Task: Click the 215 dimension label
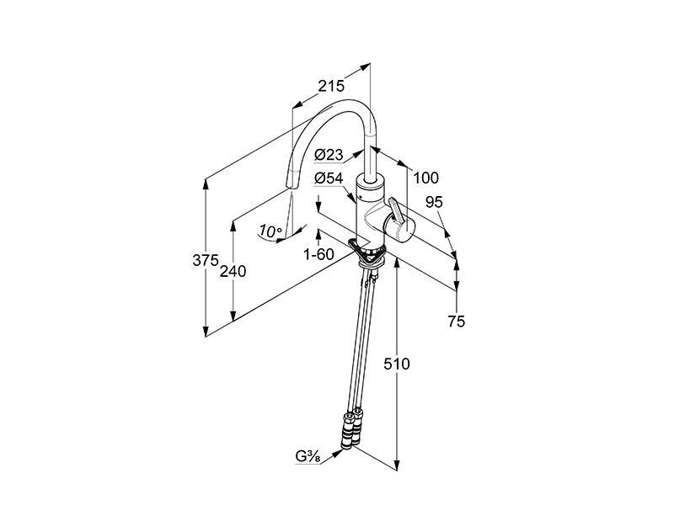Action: click(331, 87)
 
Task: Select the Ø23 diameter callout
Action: click(329, 155)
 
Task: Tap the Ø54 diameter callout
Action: click(329, 178)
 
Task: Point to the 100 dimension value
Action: click(425, 178)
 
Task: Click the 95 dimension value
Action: click(434, 202)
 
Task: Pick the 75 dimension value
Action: click(456, 321)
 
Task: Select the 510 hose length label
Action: click(397, 364)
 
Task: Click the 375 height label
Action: click(206, 260)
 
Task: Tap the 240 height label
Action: click(233, 271)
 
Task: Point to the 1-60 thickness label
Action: click(318, 255)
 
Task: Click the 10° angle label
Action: click(270, 232)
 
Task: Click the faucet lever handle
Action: click(397, 210)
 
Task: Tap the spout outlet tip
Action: click(290, 185)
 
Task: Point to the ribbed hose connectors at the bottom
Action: click(351, 432)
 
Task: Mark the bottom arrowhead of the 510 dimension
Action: click(397, 466)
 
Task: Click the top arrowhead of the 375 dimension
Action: click(206, 183)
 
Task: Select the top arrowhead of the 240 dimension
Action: click(233, 226)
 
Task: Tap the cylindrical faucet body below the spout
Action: click(369, 210)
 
